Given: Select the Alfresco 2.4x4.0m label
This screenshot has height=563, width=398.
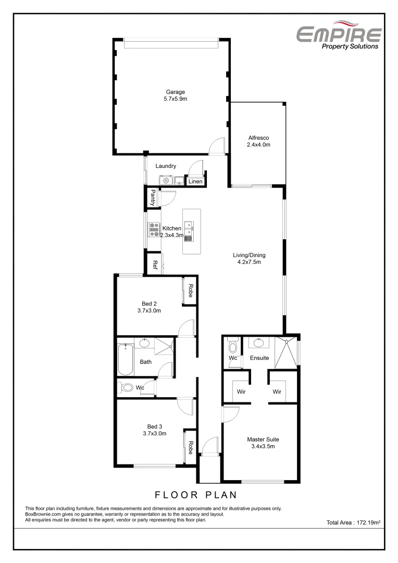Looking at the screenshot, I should point(258,141).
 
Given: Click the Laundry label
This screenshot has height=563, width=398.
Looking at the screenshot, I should point(166,166).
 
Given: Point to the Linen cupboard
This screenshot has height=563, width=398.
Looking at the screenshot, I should point(195,182).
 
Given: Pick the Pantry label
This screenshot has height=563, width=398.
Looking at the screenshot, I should point(153,198).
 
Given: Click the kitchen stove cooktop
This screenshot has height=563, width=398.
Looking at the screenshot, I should point(154,229).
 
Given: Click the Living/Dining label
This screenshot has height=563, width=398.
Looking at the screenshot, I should point(249,259).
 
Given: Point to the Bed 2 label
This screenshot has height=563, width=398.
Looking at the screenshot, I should point(149,307).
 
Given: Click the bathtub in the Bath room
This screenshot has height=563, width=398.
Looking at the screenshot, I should point(126,360).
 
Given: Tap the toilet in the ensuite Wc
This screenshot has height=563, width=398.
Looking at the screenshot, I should point(232,347).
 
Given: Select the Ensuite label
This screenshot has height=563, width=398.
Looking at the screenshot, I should point(259,358).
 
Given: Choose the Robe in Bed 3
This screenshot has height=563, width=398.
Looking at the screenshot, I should point(191,447).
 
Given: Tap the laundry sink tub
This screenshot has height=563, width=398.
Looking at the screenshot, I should point(179,181).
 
